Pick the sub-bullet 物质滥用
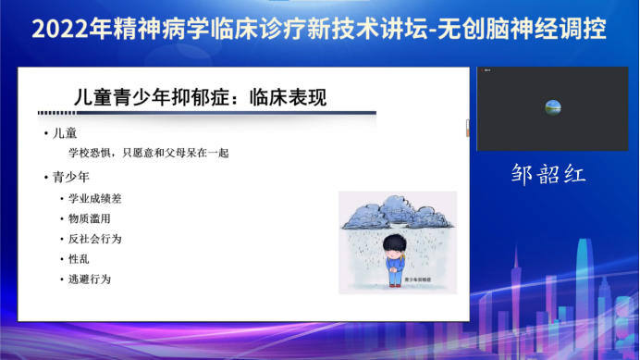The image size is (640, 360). point(89,218)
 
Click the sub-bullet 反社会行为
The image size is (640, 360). point(94,239)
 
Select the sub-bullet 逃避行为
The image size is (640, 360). point(89,279)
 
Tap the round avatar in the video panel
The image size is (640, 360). point(553,107)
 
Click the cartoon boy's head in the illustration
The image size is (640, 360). point(396,247)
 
